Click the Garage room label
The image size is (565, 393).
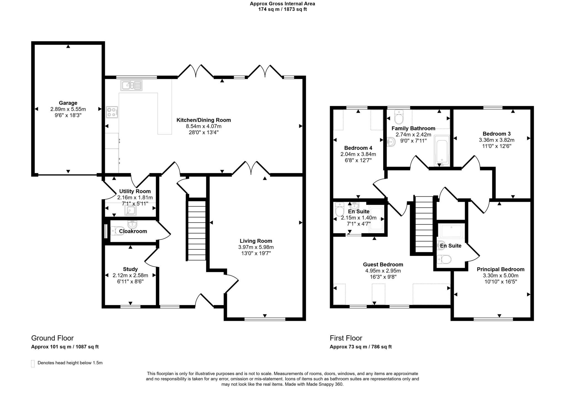point(68,103)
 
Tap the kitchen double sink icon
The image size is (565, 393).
point(131,85)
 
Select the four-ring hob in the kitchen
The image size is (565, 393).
point(112,112)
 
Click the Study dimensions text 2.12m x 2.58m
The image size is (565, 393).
point(130,275)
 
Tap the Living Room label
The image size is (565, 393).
point(256,241)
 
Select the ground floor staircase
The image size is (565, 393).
point(197,230)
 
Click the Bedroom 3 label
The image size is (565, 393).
point(497,134)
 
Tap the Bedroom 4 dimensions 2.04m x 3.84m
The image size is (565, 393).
point(358,154)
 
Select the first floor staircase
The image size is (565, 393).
point(424,224)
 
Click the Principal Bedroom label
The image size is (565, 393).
point(500,269)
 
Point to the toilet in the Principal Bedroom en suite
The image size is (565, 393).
point(444,259)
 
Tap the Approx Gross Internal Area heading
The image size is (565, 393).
point(282,4)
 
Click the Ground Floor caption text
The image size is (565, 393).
point(52,338)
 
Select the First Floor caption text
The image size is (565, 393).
point(346,338)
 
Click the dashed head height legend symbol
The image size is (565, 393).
point(33,363)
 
